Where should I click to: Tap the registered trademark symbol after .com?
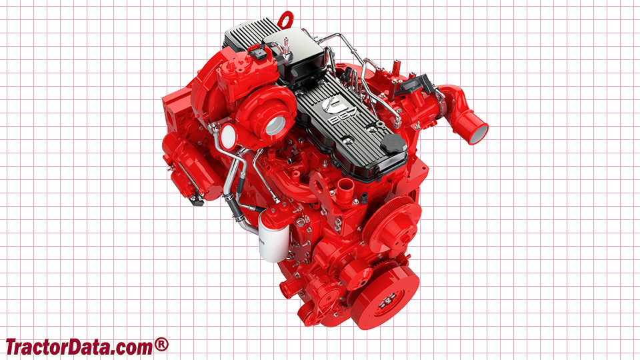click(161, 345)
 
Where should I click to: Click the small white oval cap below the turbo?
click(229, 136)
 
